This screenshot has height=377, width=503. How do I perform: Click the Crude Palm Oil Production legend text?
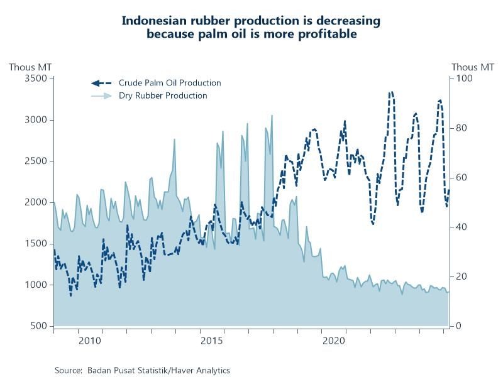[170, 83]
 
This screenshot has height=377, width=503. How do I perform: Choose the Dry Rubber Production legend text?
[163, 96]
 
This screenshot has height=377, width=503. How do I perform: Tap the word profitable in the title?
[325, 33]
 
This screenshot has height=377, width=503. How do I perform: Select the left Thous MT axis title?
[30, 67]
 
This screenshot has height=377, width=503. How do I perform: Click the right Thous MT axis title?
[473, 67]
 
